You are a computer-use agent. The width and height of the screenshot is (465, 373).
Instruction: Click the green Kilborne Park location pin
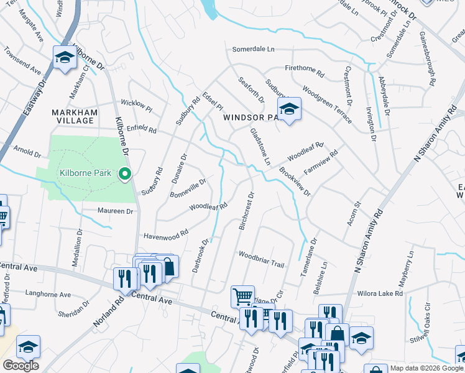tap(125, 173)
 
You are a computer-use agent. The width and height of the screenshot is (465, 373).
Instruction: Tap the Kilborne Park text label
tap(86, 173)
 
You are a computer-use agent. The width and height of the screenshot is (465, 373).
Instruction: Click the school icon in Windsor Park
tap(288, 110)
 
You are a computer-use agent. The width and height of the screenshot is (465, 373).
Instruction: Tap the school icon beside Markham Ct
tap(65, 58)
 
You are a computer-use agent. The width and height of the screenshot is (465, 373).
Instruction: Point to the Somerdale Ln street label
tap(253, 49)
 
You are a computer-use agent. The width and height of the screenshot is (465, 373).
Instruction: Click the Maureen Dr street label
tap(115, 211)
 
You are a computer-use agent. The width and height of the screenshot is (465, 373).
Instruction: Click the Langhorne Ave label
tap(47, 295)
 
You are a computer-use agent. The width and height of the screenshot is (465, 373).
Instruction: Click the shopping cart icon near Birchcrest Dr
tap(242, 296)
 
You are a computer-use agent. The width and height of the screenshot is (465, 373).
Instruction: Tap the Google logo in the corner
tap(21, 366)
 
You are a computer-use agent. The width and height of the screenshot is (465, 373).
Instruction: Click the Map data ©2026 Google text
tap(426, 368)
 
